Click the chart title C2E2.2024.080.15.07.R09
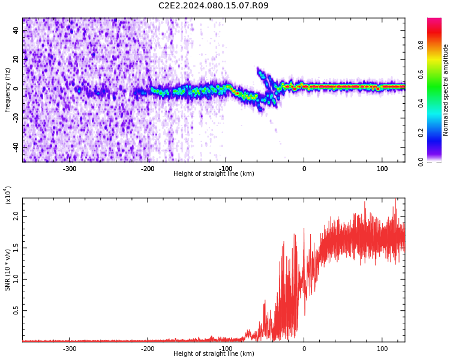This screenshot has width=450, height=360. pos(213,5)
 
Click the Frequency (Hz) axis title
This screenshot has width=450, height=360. pos(7,90)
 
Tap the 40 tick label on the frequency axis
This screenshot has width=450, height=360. pos(16,30)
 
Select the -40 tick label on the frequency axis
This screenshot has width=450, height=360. pos(16,148)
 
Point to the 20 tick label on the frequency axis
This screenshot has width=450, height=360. pos(16,59)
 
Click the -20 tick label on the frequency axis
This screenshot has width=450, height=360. pos(16,118)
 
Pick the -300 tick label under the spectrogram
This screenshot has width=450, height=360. pos(70,169)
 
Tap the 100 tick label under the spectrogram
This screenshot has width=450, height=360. pos(382,169)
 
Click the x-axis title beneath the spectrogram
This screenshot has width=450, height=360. pos(214,173)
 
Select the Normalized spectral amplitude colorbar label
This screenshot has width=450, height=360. pos(445,90)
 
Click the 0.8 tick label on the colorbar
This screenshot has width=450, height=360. pos(421,45)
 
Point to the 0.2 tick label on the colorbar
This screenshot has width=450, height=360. pos(421,133)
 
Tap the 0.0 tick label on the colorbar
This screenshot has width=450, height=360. pos(421,162)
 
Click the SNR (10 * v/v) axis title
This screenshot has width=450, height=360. pos(7,270)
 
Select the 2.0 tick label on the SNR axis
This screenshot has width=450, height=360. pos(16,217)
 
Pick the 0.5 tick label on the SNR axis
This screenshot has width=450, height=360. pos(16,310)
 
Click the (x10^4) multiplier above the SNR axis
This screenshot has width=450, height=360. pos(7,195)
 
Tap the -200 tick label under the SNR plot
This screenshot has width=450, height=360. pos(148,349)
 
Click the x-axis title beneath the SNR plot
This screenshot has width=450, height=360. pos(214,353)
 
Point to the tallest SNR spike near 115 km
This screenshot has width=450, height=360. pos(396,199)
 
